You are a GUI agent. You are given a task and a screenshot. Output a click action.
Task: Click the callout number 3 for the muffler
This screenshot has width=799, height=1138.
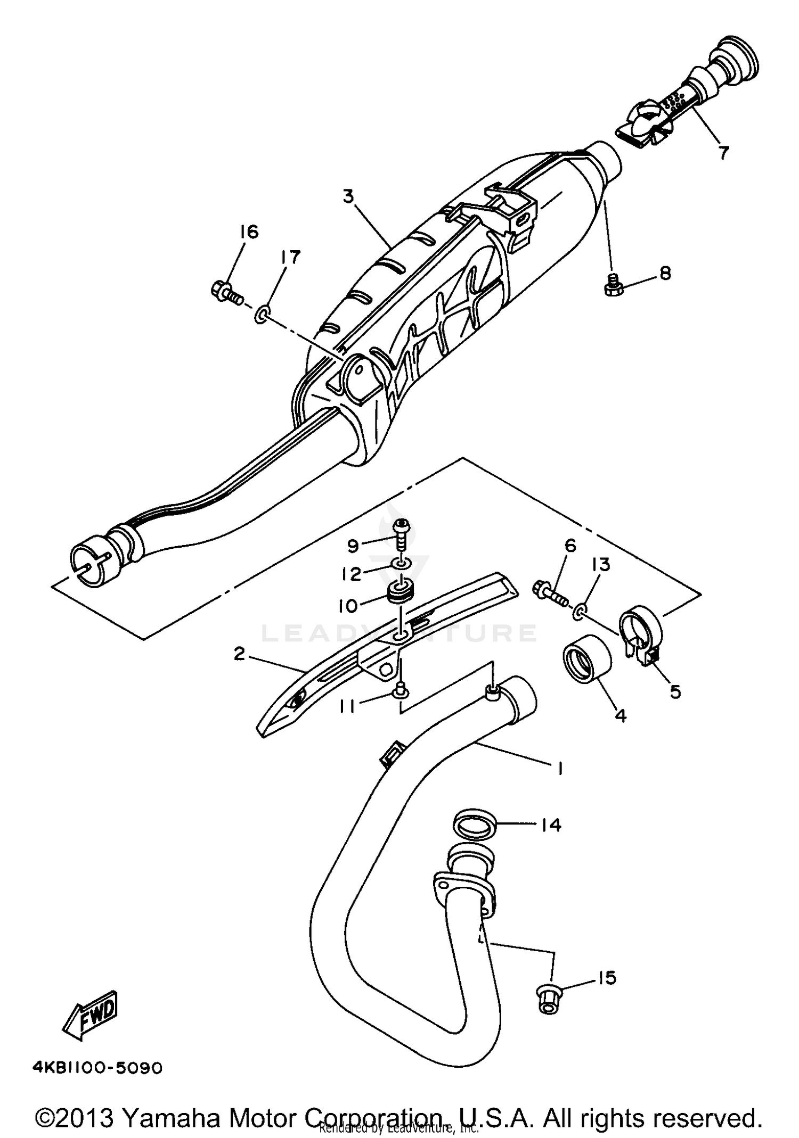tap(348, 197)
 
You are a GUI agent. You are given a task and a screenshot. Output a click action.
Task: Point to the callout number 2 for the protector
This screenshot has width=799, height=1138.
tap(239, 654)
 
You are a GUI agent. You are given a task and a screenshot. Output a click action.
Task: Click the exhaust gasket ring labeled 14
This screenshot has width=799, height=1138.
tap(475, 826)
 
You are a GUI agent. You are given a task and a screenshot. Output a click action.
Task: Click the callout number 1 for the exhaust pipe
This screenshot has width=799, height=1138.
tap(560, 768)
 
